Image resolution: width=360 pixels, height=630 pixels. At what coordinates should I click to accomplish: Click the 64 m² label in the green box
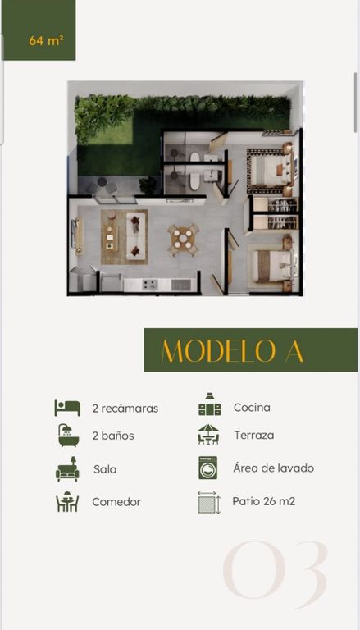(x=46, y=40)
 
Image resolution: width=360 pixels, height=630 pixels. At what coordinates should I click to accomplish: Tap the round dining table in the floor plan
(x=183, y=239)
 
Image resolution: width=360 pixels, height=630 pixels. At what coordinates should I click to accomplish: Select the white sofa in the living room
(x=135, y=236)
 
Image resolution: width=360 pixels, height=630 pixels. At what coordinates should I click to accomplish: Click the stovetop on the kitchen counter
(x=150, y=285)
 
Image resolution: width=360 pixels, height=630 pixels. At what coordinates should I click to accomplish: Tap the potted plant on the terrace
(x=148, y=185)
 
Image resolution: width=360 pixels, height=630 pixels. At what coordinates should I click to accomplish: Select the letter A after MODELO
(x=295, y=352)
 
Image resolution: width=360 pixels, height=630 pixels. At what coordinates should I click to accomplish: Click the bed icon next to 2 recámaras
(x=67, y=408)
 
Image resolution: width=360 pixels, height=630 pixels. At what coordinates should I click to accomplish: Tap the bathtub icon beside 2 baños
(x=68, y=435)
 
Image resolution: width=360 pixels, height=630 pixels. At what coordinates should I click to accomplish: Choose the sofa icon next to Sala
(x=67, y=469)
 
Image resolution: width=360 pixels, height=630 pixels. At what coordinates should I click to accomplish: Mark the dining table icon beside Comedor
(x=67, y=502)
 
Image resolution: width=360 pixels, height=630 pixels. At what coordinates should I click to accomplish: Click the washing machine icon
(x=207, y=468)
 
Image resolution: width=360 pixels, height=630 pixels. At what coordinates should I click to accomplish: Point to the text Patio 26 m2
(x=263, y=501)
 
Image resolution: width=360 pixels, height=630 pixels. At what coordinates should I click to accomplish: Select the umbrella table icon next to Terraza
(x=208, y=434)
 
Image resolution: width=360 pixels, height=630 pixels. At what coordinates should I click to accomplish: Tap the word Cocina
(x=252, y=408)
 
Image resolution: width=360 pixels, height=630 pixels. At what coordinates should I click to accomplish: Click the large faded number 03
(x=276, y=569)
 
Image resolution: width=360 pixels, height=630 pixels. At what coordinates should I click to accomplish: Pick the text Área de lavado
(x=273, y=468)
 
